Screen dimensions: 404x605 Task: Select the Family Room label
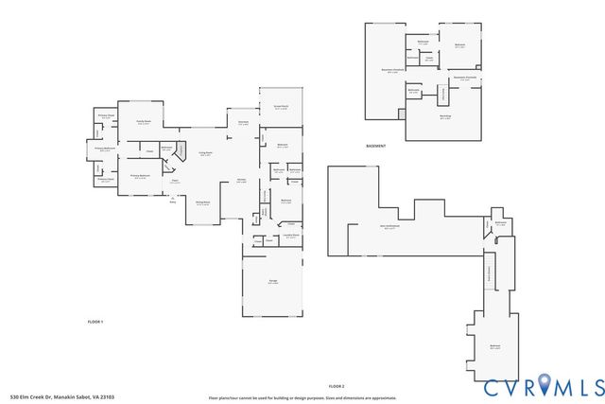click(x=144, y=121)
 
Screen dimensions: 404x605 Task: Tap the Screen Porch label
click(x=282, y=107)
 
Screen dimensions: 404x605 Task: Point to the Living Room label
click(x=203, y=153)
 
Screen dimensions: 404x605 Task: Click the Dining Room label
click(x=202, y=203)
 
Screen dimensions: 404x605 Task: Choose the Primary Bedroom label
click(x=140, y=177)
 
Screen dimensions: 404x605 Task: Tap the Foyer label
click(x=175, y=182)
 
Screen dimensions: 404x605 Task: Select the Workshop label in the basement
click(x=445, y=117)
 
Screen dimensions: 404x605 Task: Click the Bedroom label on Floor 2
click(x=494, y=347)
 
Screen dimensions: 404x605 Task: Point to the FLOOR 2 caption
click(x=337, y=386)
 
